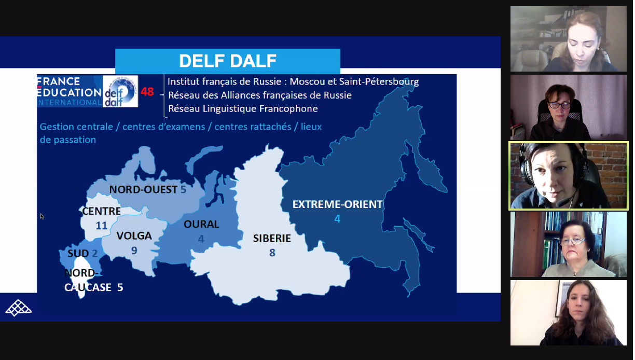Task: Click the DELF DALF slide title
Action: click(228, 61)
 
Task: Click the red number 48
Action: click(147, 92)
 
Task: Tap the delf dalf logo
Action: click(120, 91)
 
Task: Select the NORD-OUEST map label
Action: click(143, 190)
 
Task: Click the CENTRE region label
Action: click(102, 212)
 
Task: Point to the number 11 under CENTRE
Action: click(102, 226)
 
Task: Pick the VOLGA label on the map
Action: click(134, 236)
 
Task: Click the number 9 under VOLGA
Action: click(134, 251)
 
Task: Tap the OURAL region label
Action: click(201, 225)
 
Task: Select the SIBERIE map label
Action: click(272, 239)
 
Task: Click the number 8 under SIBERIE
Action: click(272, 253)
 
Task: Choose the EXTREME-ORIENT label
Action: click(337, 204)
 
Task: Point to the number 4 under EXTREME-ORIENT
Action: click(337, 219)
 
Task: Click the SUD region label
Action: click(78, 254)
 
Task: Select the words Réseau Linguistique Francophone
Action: click(243, 108)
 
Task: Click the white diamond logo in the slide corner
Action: click(19, 308)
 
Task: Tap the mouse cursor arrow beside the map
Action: click(42, 216)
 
